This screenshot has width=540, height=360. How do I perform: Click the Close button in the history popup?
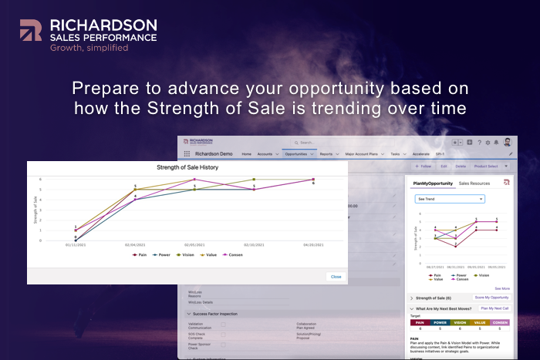336,276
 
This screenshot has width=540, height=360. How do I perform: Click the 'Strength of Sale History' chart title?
187,167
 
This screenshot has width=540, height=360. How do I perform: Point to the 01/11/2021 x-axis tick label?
76,244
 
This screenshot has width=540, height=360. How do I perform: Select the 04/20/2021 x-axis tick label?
313,244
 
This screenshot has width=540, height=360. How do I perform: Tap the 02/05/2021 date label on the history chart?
194,244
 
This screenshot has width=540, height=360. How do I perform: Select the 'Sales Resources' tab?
474,183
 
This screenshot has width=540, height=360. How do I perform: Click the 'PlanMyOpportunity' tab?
431,183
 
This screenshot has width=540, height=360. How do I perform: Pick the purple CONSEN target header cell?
499,322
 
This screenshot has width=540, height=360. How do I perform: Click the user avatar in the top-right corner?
508,143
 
